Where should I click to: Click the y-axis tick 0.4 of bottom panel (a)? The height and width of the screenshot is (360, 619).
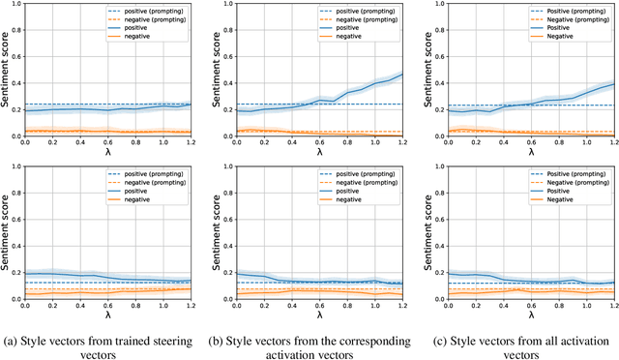12,247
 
